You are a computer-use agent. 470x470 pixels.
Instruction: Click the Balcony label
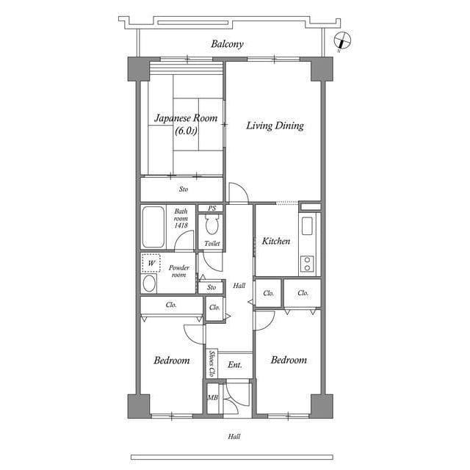click(227, 44)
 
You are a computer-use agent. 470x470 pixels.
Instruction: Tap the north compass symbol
click(342, 40)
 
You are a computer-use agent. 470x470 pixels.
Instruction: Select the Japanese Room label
click(186, 117)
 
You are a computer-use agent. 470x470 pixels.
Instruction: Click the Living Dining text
click(275, 126)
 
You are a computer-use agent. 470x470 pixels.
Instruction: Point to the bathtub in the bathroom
click(153, 227)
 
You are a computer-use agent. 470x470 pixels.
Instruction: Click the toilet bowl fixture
click(212, 225)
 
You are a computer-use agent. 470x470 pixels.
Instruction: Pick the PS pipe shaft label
click(212, 208)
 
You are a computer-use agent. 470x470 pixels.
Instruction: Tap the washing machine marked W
click(151, 263)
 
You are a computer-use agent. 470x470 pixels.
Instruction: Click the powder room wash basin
click(149, 283)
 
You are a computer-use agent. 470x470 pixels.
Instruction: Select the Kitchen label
click(276, 241)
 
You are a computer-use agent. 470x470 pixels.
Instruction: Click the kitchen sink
click(307, 225)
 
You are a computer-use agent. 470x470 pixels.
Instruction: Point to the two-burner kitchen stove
click(307, 264)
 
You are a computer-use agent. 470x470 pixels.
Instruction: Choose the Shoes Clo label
click(212, 364)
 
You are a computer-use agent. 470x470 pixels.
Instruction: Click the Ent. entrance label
click(235, 365)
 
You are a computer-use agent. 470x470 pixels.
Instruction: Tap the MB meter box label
click(213, 398)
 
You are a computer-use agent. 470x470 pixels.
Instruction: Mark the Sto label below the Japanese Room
click(184, 189)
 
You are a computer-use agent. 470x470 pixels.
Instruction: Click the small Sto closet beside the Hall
click(211, 287)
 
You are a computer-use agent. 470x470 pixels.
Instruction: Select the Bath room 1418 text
click(181, 218)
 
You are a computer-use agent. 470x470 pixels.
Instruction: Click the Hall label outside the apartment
click(234, 436)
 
